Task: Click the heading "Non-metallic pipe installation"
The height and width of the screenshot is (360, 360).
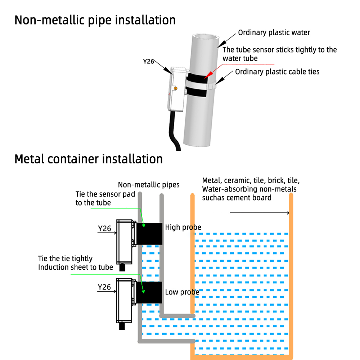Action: point(95,20)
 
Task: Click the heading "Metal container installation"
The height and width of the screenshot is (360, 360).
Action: point(89,159)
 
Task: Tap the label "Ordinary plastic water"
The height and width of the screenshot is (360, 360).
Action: point(274,33)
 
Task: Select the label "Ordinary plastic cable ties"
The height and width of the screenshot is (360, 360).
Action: point(277,72)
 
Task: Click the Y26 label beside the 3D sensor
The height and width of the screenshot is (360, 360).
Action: point(149,62)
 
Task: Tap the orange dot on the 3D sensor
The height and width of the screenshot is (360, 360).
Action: point(175,88)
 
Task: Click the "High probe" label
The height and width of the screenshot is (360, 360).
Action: point(183,227)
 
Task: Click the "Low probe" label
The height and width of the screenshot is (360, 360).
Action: point(182,292)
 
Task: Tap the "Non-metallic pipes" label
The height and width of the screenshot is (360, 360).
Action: point(149,185)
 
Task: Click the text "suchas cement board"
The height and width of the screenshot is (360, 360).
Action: point(237,197)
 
